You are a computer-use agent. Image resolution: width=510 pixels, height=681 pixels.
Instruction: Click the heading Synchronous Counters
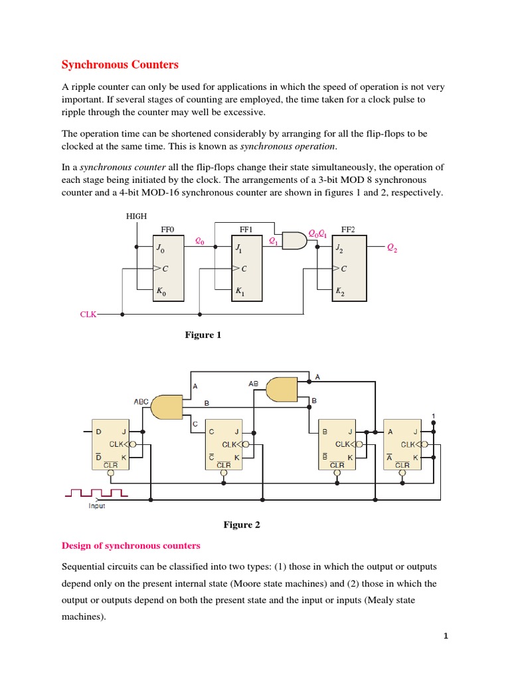tap(120, 65)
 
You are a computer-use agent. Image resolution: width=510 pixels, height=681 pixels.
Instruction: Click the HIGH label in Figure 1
tap(136, 216)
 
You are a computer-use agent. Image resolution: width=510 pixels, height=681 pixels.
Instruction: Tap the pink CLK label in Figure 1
tap(88, 314)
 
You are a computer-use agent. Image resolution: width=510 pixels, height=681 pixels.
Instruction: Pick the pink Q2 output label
tap(393, 248)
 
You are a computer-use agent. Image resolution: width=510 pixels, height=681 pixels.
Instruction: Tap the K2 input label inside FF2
tap(340, 291)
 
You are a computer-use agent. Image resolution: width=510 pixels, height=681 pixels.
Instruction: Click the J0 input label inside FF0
tap(160, 248)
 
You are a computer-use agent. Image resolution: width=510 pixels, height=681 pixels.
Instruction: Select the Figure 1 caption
tap(203, 335)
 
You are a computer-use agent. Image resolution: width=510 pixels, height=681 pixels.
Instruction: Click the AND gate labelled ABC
tap(167, 406)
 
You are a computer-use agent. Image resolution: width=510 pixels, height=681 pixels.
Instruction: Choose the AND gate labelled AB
tap(281, 389)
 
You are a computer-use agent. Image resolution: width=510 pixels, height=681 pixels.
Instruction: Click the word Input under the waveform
tap(97, 505)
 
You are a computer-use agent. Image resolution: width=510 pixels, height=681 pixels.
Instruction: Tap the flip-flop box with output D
tap(110, 444)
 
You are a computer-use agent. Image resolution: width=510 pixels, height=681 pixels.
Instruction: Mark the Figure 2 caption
tap(242, 525)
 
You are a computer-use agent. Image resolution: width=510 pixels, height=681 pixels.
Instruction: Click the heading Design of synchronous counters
tap(131, 545)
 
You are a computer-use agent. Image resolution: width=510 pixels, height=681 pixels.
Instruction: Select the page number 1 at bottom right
tap(446, 636)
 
